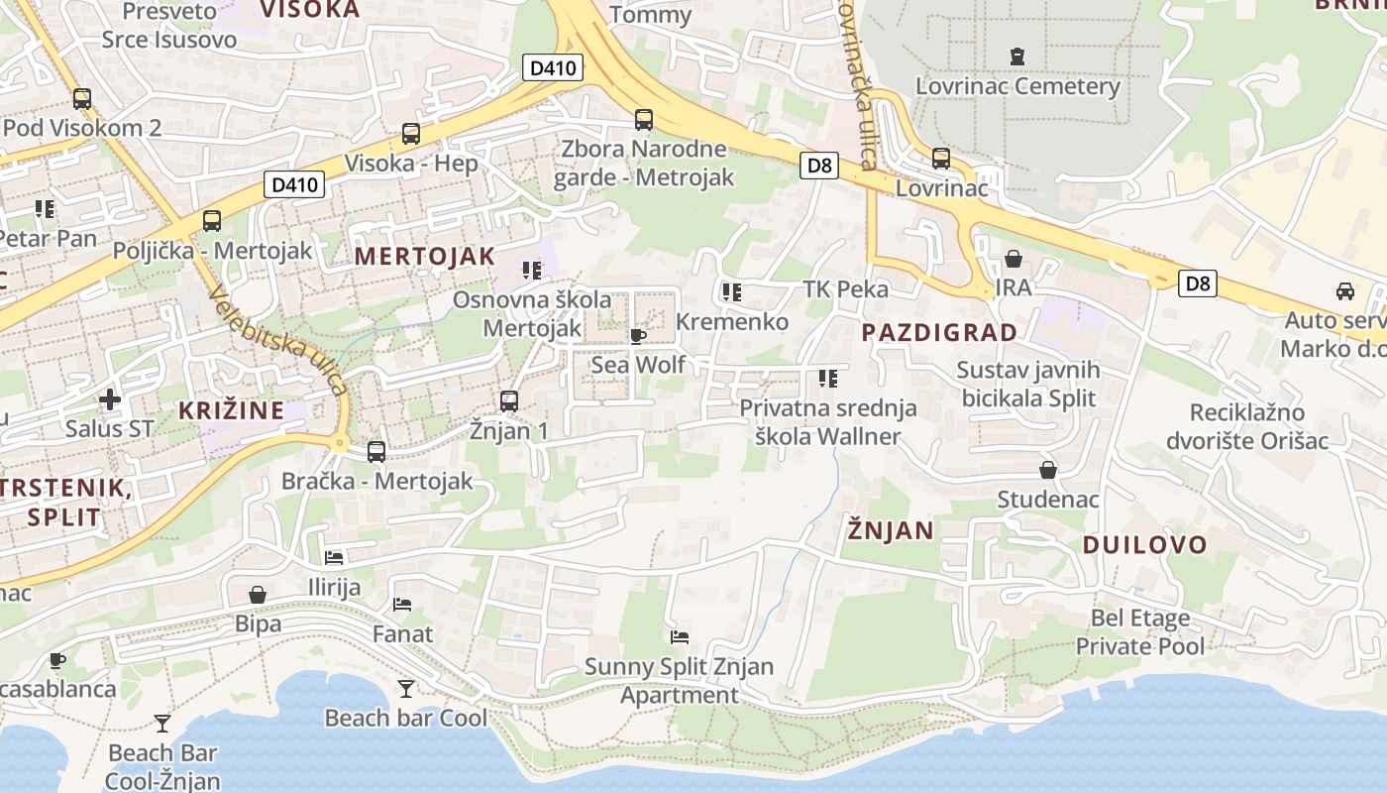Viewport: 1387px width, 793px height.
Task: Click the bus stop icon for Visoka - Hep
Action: pos(410,133)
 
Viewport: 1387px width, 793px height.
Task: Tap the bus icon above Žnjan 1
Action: pos(509,400)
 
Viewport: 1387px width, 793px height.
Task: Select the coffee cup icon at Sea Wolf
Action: pos(638,337)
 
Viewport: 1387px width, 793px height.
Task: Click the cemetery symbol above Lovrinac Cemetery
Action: pos(1016,57)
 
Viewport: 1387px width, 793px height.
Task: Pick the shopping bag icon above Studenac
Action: pos(1047,469)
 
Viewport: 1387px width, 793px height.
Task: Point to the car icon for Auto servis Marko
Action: pos(1344,291)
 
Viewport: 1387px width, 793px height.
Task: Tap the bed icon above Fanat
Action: pos(402,604)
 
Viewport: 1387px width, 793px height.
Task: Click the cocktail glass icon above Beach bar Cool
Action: pos(405,688)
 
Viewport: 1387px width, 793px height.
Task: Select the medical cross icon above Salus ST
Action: pos(110,399)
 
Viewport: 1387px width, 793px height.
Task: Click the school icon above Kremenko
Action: pos(731,291)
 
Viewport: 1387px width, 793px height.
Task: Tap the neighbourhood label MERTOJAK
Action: pos(424,256)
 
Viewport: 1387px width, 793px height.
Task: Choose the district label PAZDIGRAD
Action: pos(939,333)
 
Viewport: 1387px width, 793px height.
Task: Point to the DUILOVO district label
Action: pos(1144,544)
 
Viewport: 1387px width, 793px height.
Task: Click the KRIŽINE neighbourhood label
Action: pos(231,410)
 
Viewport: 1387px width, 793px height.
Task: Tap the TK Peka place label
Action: pos(845,289)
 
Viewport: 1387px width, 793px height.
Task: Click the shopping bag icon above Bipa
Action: pos(258,595)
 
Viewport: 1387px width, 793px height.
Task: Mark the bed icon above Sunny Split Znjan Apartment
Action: pos(679,636)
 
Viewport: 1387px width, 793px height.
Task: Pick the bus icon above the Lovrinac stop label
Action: pos(940,158)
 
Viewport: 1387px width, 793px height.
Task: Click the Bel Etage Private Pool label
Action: pos(1140,632)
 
